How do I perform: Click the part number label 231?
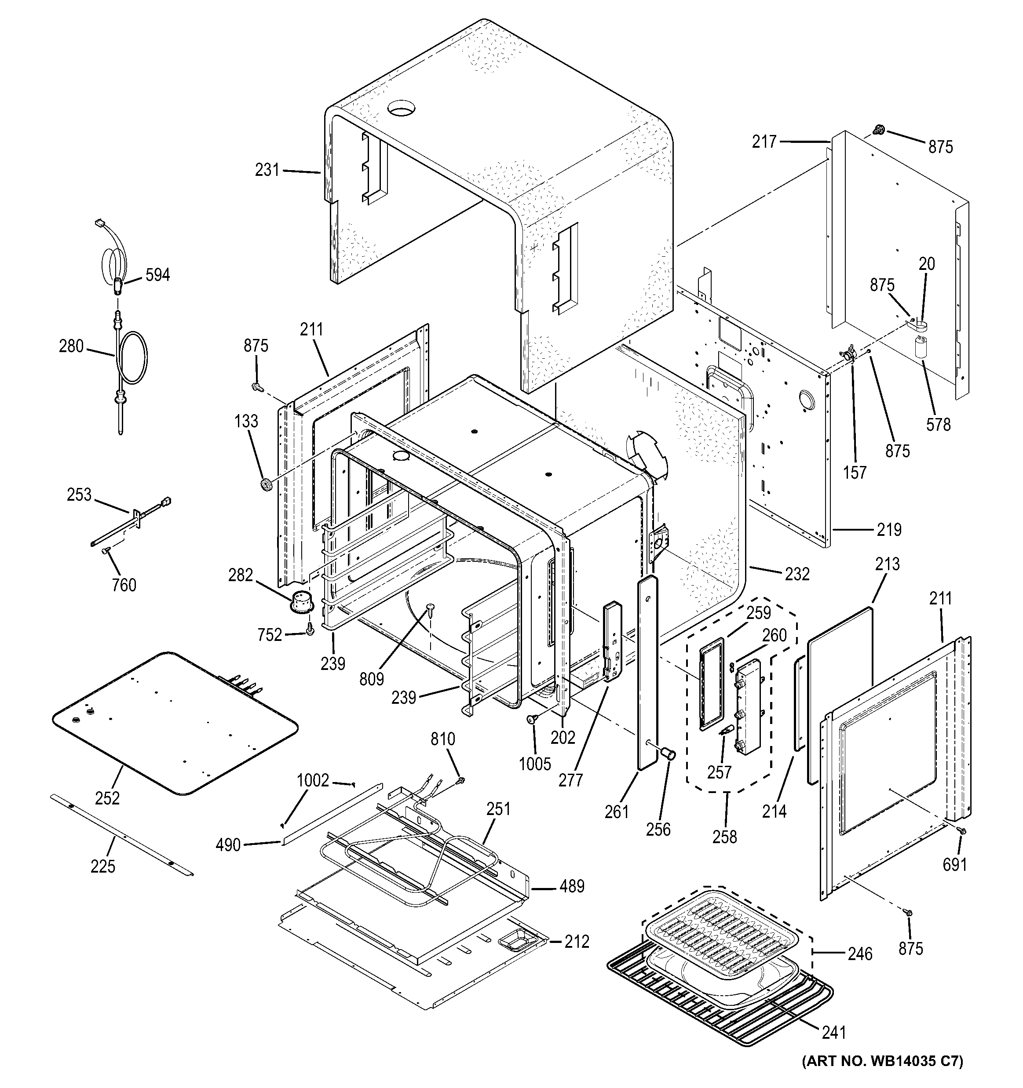tap(267, 170)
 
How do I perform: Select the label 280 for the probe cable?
tap(71, 346)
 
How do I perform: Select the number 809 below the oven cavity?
tap(372, 679)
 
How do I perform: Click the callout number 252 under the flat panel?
tap(107, 798)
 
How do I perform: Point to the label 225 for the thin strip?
tap(103, 866)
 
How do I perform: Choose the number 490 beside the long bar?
tap(228, 845)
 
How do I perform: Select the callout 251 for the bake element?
tap(498, 809)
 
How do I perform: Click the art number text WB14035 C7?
tap(882, 1077)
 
